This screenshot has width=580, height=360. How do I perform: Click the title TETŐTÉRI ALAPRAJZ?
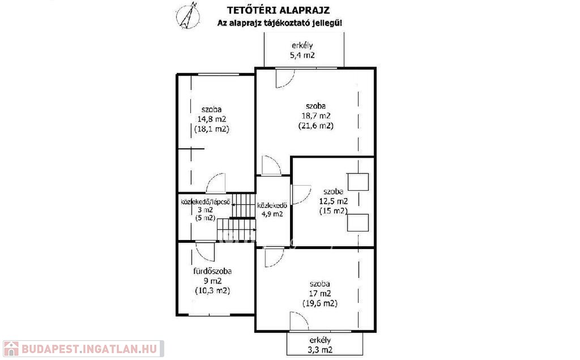[278, 10]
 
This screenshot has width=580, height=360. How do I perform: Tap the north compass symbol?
[188, 15]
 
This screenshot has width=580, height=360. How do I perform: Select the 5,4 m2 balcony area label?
[302, 55]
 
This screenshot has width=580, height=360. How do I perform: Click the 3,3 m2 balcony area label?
[320, 350]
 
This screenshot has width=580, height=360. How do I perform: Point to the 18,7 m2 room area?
[316, 115]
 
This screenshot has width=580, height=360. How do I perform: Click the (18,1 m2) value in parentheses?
[212, 129]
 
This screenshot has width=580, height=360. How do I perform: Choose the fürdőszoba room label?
[212, 271]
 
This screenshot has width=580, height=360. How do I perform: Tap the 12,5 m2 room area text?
[333, 202]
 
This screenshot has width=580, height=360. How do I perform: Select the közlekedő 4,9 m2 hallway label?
[272, 209]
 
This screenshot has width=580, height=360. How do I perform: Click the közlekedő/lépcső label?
[205, 202]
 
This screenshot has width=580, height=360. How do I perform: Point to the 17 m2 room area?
[320, 294]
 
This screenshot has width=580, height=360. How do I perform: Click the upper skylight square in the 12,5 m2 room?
[358, 182]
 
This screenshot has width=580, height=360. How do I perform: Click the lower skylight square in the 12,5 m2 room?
[358, 222]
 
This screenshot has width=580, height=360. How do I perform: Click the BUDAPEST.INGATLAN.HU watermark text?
[89, 349]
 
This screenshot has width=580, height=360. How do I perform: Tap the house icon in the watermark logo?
[11, 349]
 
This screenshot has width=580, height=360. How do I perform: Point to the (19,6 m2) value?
[320, 303]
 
